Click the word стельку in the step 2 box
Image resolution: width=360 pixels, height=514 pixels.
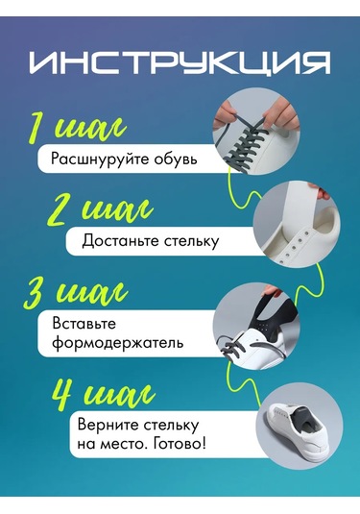pos(192,240)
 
